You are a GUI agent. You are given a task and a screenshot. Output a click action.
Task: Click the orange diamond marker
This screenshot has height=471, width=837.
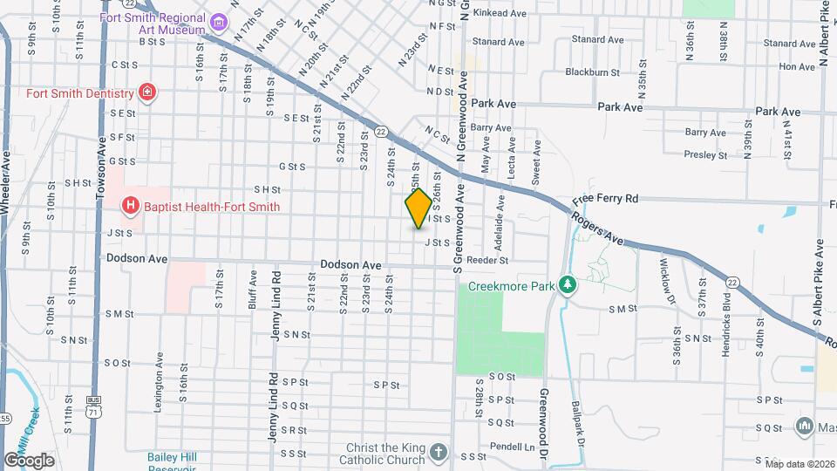tap(418, 208)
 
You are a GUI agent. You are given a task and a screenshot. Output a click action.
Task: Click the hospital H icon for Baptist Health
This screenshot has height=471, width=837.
tap(130, 207)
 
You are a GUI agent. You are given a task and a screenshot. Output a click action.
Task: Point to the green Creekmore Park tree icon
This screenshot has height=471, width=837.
tap(568, 285)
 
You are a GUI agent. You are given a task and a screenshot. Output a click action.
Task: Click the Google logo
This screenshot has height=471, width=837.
tap(30, 460)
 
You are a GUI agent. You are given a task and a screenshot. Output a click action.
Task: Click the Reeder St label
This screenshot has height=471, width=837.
tap(487, 260)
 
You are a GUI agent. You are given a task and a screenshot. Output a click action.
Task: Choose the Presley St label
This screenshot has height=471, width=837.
tap(706, 155)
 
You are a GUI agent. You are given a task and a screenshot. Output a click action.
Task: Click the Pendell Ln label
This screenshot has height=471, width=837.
tap(500, 446)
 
